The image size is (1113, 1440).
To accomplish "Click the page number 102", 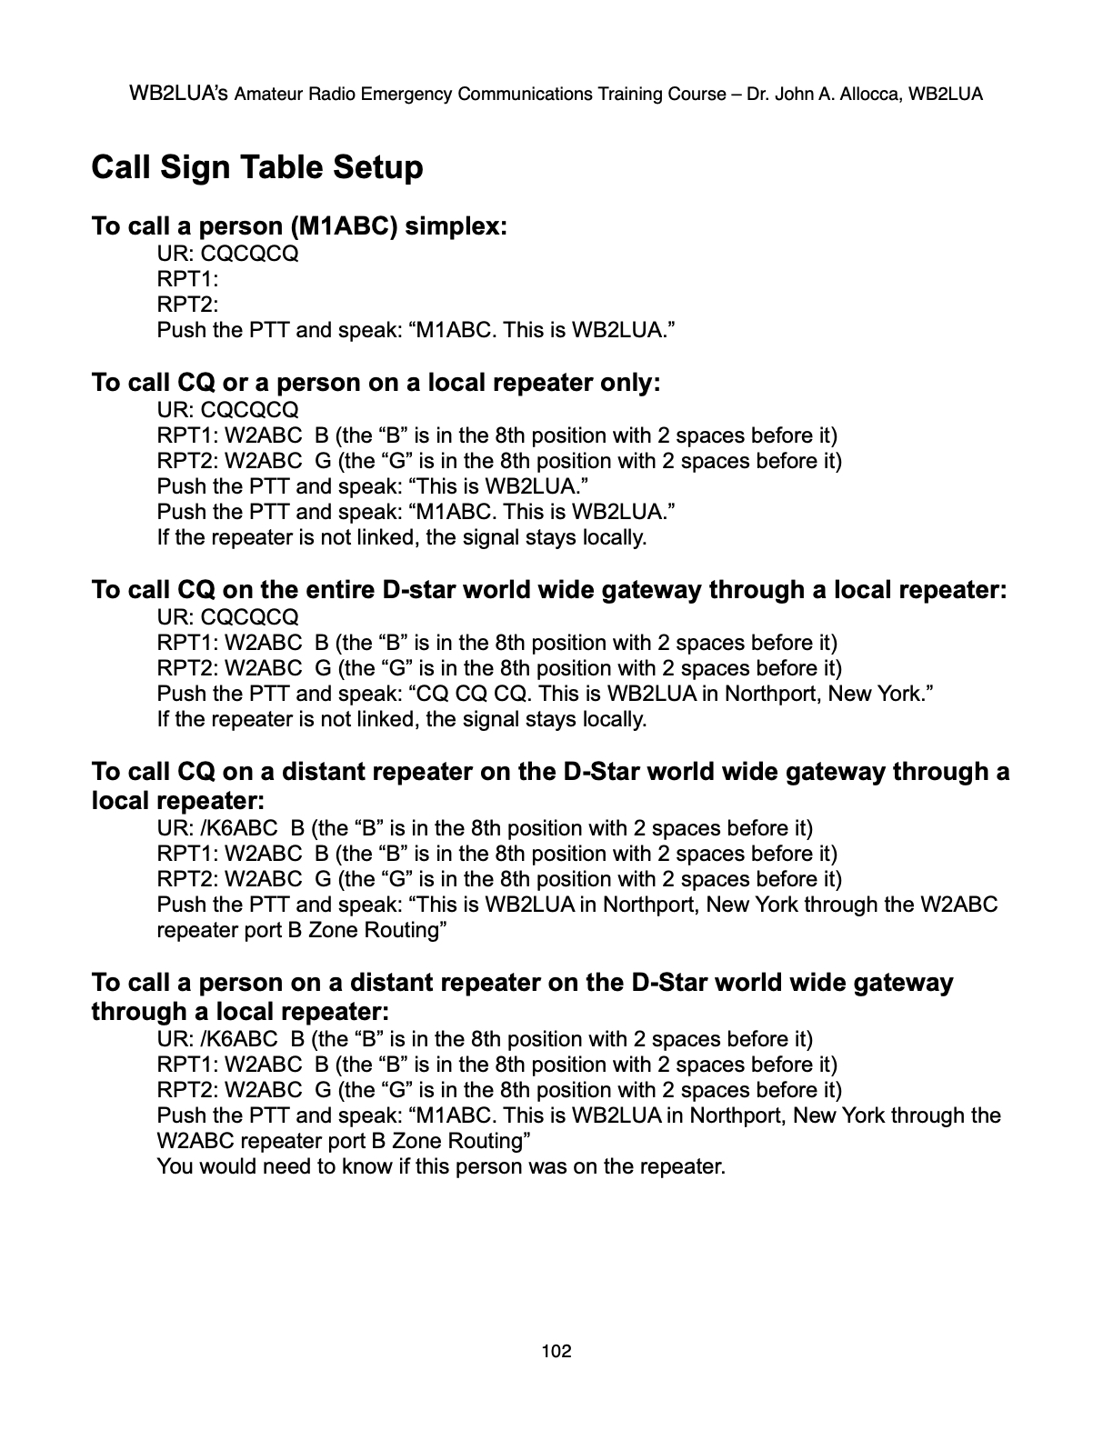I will pos(556,1351).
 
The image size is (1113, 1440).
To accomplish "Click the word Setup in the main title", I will pos(377,167).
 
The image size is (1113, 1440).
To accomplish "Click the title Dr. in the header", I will pos(755,94).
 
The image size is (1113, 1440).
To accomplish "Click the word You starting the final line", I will pos(175,1166).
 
